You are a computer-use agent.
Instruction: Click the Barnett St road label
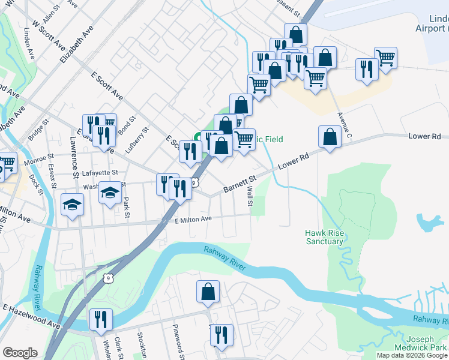(x=240, y=184)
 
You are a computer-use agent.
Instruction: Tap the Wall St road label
(x=249, y=197)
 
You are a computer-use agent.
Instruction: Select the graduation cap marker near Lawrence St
(x=73, y=205)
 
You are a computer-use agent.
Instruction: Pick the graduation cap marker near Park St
(x=110, y=193)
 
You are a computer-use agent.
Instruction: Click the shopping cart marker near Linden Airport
(x=385, y=58)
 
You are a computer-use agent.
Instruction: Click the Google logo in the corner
(x=20, y=353)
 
